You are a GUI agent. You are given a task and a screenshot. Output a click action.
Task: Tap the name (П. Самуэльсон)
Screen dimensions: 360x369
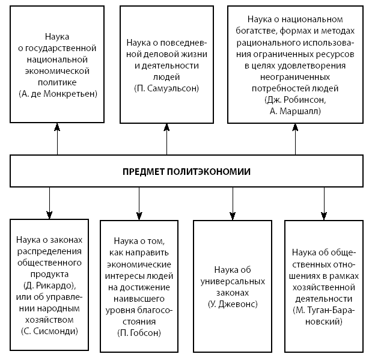(x=166, y=88)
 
